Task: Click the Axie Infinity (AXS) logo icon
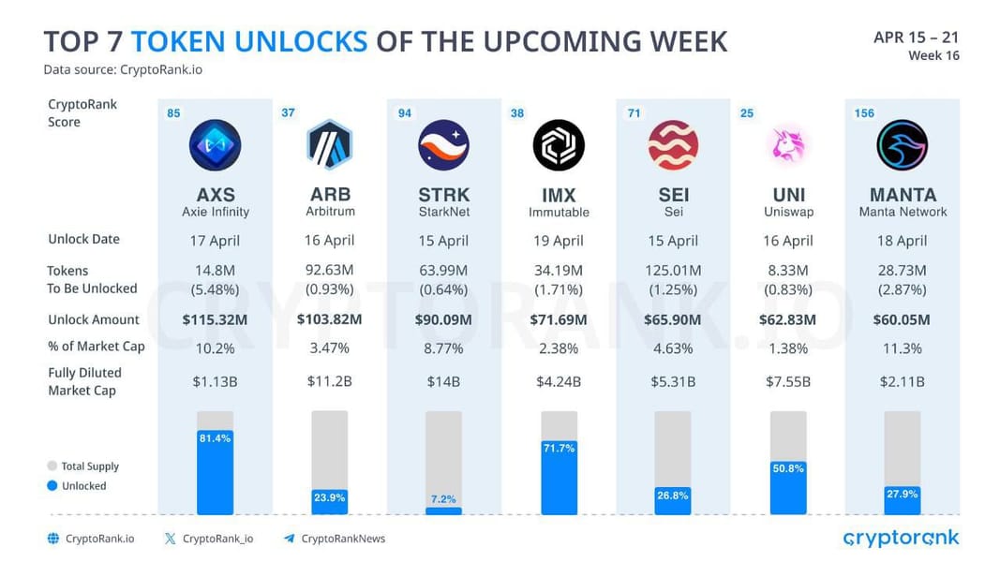[215, 145]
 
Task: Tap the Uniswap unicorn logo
[787, 145]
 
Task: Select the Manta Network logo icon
[903, 145]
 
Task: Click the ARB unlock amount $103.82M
[329, 319]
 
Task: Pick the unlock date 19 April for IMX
[559, 241]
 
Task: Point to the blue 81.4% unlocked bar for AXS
[215, 473]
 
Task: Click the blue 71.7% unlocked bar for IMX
[559, 478]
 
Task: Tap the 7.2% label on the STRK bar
[443, 498]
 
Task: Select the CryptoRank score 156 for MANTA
[864, 113]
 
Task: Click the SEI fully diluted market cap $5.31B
[673, 381]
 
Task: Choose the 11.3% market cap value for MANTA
[903, 348]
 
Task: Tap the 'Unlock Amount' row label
[94, 319]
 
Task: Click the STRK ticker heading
[443, 195]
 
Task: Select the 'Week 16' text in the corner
[933, 56]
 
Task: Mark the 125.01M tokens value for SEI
[673, 271]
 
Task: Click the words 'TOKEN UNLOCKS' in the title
[249, 41]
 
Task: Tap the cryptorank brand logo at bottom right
[901, 538]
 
